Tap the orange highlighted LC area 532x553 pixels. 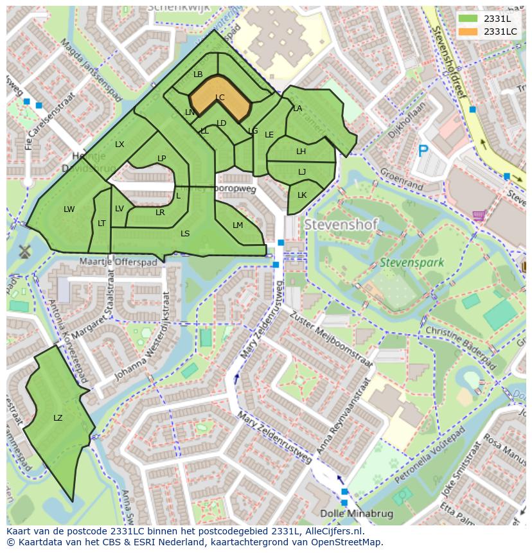(x=219, y=98)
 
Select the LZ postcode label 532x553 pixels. (x=58, y=418)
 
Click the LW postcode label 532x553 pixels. (x=69, y=209)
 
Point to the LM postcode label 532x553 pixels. (x=238, y=225)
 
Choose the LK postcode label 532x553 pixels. (x=302, y=195)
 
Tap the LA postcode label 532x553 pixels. (x=297, y=109)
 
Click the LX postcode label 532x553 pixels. (x=120, y=145)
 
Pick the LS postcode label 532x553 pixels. (x=185, y=234)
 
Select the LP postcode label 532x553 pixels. (x=162, y=159)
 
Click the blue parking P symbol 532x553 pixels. (x=423, y=151)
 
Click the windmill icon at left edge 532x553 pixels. (x=25, y=251)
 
